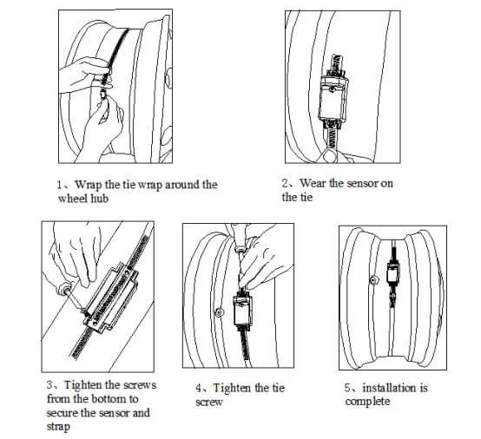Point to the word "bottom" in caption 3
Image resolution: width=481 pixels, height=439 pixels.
click(x=107, y=399)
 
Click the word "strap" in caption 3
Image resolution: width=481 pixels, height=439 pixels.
click(x=58, y=427)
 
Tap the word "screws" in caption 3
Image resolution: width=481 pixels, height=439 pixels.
click(x=140, y=385)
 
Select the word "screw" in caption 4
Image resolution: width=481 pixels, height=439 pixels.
click(x=209, y=403)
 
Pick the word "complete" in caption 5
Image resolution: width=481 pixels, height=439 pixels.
click(x=367, y=402)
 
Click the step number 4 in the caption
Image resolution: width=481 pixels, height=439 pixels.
click(x=199, y=388)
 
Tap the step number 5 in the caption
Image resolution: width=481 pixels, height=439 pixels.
click(x=347, y=388)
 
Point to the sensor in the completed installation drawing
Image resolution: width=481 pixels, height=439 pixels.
click(x=392, y=272)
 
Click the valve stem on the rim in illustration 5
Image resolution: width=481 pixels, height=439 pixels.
click(x=373, y=279)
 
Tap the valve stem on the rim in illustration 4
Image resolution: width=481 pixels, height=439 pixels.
click(x=219, y=312)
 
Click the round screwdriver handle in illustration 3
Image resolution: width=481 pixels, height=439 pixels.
click(x=63, y=289)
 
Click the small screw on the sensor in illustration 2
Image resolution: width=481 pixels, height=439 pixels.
click(x=332, y=88)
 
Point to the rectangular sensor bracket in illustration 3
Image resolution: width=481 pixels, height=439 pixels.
click(x=112, y=298)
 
